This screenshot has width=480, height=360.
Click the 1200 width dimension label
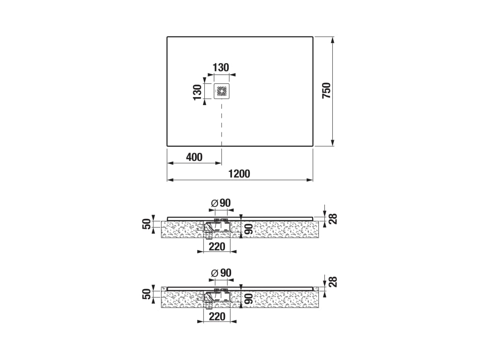coord(240,173)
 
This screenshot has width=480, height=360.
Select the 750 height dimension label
coord(327,90)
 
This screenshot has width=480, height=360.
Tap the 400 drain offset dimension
coord(194,157)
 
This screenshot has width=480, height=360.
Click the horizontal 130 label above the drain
coord(221,67)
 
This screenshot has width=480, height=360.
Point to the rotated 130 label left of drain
coord(197,92)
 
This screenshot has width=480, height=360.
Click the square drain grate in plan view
coord(222,91)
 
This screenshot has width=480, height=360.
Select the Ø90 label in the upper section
coord(221,202)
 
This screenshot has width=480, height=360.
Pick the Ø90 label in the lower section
coord(221,272)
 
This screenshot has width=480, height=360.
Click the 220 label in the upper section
coord(217,247)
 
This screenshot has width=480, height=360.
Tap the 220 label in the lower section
coord(217,316)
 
